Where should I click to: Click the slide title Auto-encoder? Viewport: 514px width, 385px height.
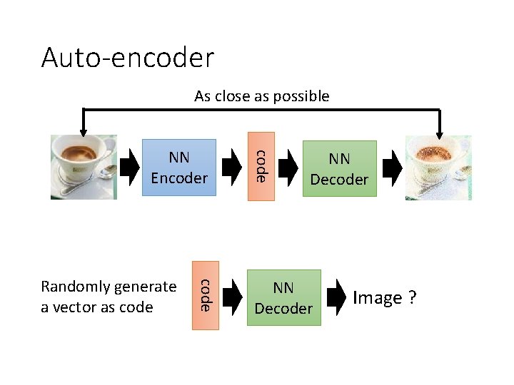coord(127,57)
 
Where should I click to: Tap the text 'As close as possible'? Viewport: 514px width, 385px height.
coord(261,96)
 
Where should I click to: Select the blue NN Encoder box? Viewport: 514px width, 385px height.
coord(179,168)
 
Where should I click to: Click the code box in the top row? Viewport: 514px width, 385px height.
coord(261,167)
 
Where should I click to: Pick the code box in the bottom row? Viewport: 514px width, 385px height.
coord(204,295)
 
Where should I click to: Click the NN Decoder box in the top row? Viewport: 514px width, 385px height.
coord(339,168)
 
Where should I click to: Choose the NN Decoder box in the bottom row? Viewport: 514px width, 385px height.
coord(283,297)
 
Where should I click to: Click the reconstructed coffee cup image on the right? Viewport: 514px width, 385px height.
coord(438,168)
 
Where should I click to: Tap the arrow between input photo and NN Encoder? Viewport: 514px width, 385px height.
coord(129,167)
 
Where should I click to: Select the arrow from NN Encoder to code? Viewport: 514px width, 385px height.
coord(232,167)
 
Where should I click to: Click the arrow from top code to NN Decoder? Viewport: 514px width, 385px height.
coord(288,167)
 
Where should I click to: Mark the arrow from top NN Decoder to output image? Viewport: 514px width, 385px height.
coord(392,167)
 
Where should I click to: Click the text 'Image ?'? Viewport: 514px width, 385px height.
coord(384,297)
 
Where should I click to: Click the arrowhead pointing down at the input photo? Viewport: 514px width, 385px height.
coord(84,130)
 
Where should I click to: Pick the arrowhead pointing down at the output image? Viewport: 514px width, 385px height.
coord(438,130)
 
